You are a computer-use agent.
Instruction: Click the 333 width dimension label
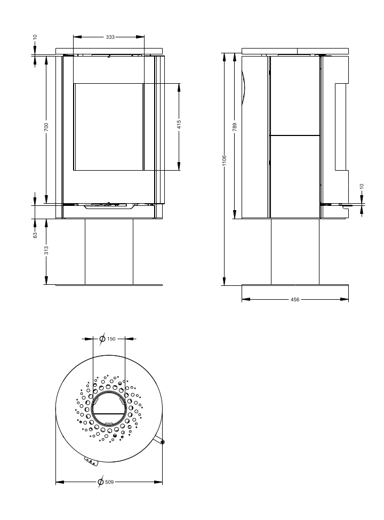point(110,37)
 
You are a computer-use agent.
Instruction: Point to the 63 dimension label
point(35,234)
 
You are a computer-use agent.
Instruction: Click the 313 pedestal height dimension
point(46,251)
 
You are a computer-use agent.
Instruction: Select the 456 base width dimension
point(295,300)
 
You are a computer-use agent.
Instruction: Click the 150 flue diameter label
point(111,338)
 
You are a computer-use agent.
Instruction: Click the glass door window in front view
point(108,126)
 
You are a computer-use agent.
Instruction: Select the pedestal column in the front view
point(109,251)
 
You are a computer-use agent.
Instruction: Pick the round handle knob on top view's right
point(162,442)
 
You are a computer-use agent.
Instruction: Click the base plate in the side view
point(295,291)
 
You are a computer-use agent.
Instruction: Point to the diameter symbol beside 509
point(101,482)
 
